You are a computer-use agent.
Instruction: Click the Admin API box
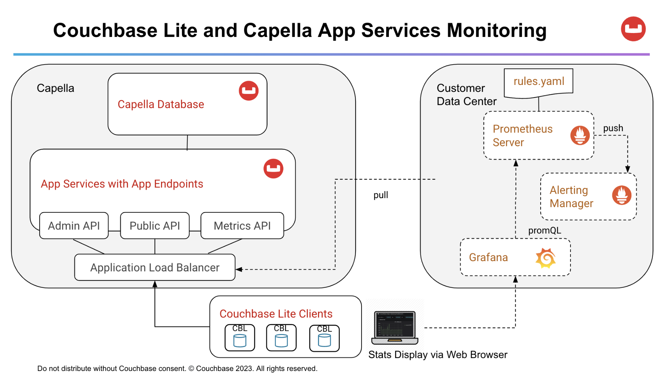coord(74,226)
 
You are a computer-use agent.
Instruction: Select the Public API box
coord(155,226)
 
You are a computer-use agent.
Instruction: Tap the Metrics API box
coord(242,226)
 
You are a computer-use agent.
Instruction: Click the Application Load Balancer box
coord(155,267)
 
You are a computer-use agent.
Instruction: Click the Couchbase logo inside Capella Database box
coord(249,91)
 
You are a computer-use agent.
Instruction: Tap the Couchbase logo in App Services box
coord(273,169)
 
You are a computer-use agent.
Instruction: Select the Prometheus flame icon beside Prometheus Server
coord(580,135)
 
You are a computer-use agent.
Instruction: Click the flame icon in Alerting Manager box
coord(621,195)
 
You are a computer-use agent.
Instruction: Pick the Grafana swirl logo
coord(546,258)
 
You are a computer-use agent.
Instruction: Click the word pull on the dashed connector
coord(381,195)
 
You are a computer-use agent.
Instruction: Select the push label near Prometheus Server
coord(613,128)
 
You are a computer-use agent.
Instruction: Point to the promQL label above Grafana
coord(544,230)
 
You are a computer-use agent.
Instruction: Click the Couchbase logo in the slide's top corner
coord(633,29)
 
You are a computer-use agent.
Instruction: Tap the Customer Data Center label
coord(466,95)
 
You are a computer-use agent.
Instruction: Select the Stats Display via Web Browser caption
coord(437,355)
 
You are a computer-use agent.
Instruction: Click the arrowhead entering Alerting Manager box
coord(627,170)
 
